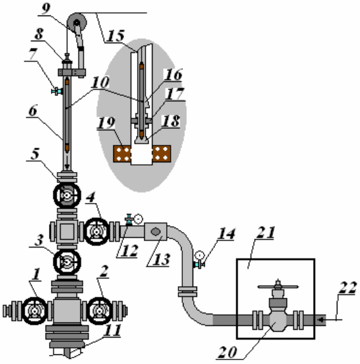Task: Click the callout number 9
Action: point(46,9)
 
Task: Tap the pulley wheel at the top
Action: point(77,23)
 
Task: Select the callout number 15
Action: point(116,36)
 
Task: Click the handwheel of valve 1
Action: point(35,311)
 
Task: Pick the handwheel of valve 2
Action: point(100,311)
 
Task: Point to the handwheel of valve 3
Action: point(67,262)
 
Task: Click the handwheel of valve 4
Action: point(97,231)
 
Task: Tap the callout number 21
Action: point(265,233)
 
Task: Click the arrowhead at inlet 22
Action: point(321,320)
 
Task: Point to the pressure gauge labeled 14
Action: point(200,255)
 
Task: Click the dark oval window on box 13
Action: point(155,231)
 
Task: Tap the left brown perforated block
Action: point(122,154)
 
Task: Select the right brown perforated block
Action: point(162,154)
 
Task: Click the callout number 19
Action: point(106,123)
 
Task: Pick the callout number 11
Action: point(113,330)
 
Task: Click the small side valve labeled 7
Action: point(57,91)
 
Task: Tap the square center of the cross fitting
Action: point(67,231)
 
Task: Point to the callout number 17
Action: point(175,94)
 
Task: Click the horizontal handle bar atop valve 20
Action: point(278,287)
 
